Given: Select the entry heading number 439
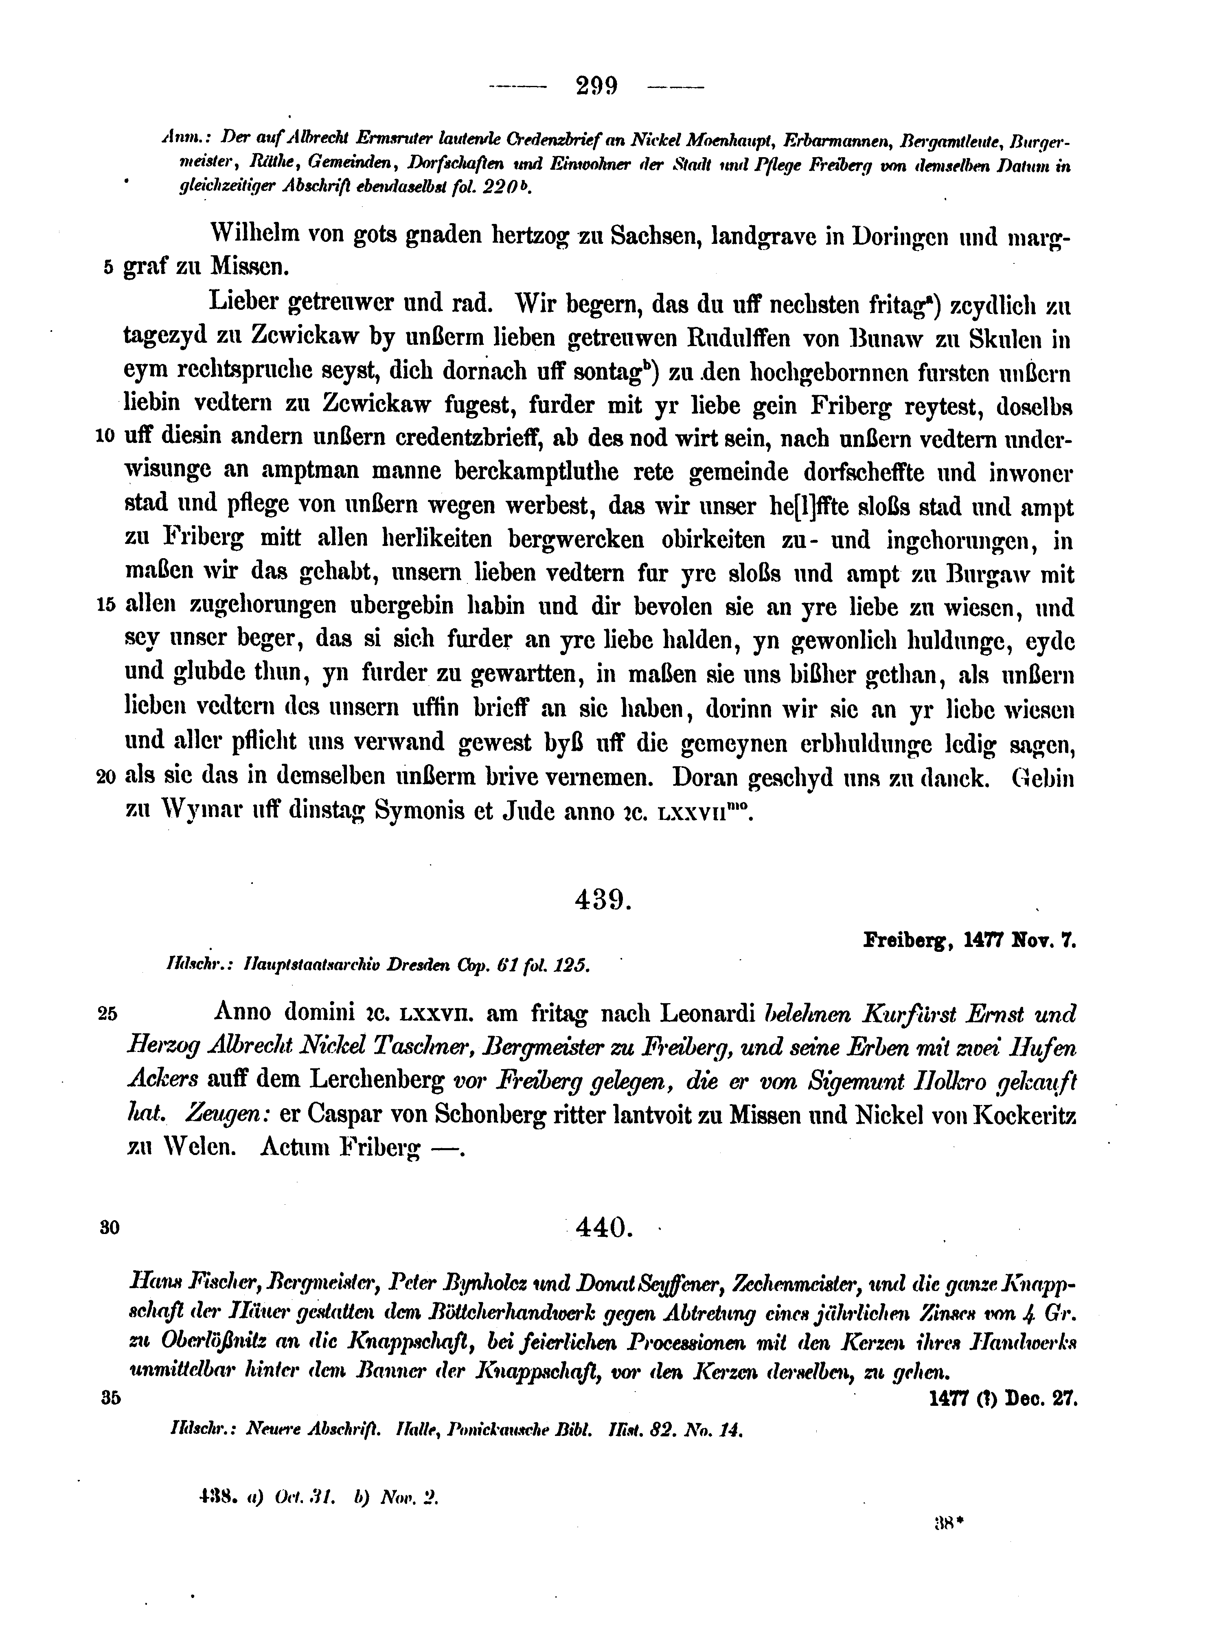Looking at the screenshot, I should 603,899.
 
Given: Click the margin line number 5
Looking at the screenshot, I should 108,268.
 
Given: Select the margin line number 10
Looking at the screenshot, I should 105,436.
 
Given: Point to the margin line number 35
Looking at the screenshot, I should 108,1398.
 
